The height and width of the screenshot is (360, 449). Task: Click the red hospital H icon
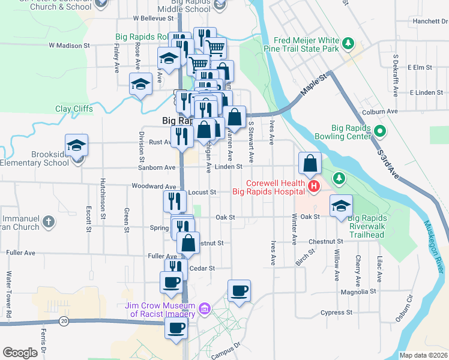click(313, 187)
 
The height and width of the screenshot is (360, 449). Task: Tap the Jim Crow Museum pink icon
click(205, 308)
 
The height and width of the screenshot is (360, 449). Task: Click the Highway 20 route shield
click(64, 322)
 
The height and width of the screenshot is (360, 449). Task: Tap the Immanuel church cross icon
click(49, 223)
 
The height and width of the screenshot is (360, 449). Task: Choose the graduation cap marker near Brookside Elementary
click(77, 146)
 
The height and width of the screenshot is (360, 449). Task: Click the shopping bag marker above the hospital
click(310, 164)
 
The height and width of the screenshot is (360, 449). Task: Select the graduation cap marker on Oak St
click(341, 206)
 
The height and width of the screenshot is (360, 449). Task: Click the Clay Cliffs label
click(76, 109)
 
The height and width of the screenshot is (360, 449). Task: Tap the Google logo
click(20, 353)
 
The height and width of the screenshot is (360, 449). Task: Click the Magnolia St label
click(358, 291)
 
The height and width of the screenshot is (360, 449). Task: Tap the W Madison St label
click(69, 45)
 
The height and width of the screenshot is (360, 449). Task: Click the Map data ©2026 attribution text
click(423, 355)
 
